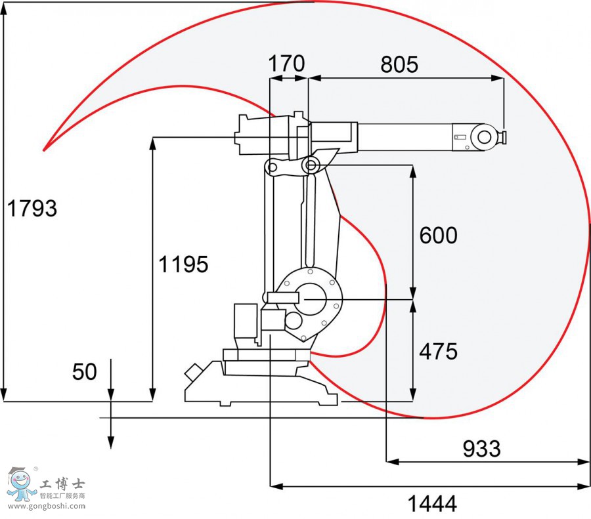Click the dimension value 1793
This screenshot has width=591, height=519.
[x=32, y=209]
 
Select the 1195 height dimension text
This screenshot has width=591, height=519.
[x=183, y=264]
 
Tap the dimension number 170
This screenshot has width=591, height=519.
[x=287, y=64]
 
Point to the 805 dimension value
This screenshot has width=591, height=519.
[x=399, y=64]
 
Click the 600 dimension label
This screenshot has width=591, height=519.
[x=438, y=235]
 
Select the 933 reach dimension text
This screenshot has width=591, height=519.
[x=481, y=449]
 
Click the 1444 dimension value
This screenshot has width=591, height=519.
[x=432, y=504]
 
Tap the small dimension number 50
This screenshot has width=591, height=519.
[x=84, y=372]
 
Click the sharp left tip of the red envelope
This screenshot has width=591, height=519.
[x=44, y=150]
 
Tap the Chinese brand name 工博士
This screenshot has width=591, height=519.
[x=62, y=484]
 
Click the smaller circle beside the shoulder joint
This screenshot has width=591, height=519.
[x=293, y=321]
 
